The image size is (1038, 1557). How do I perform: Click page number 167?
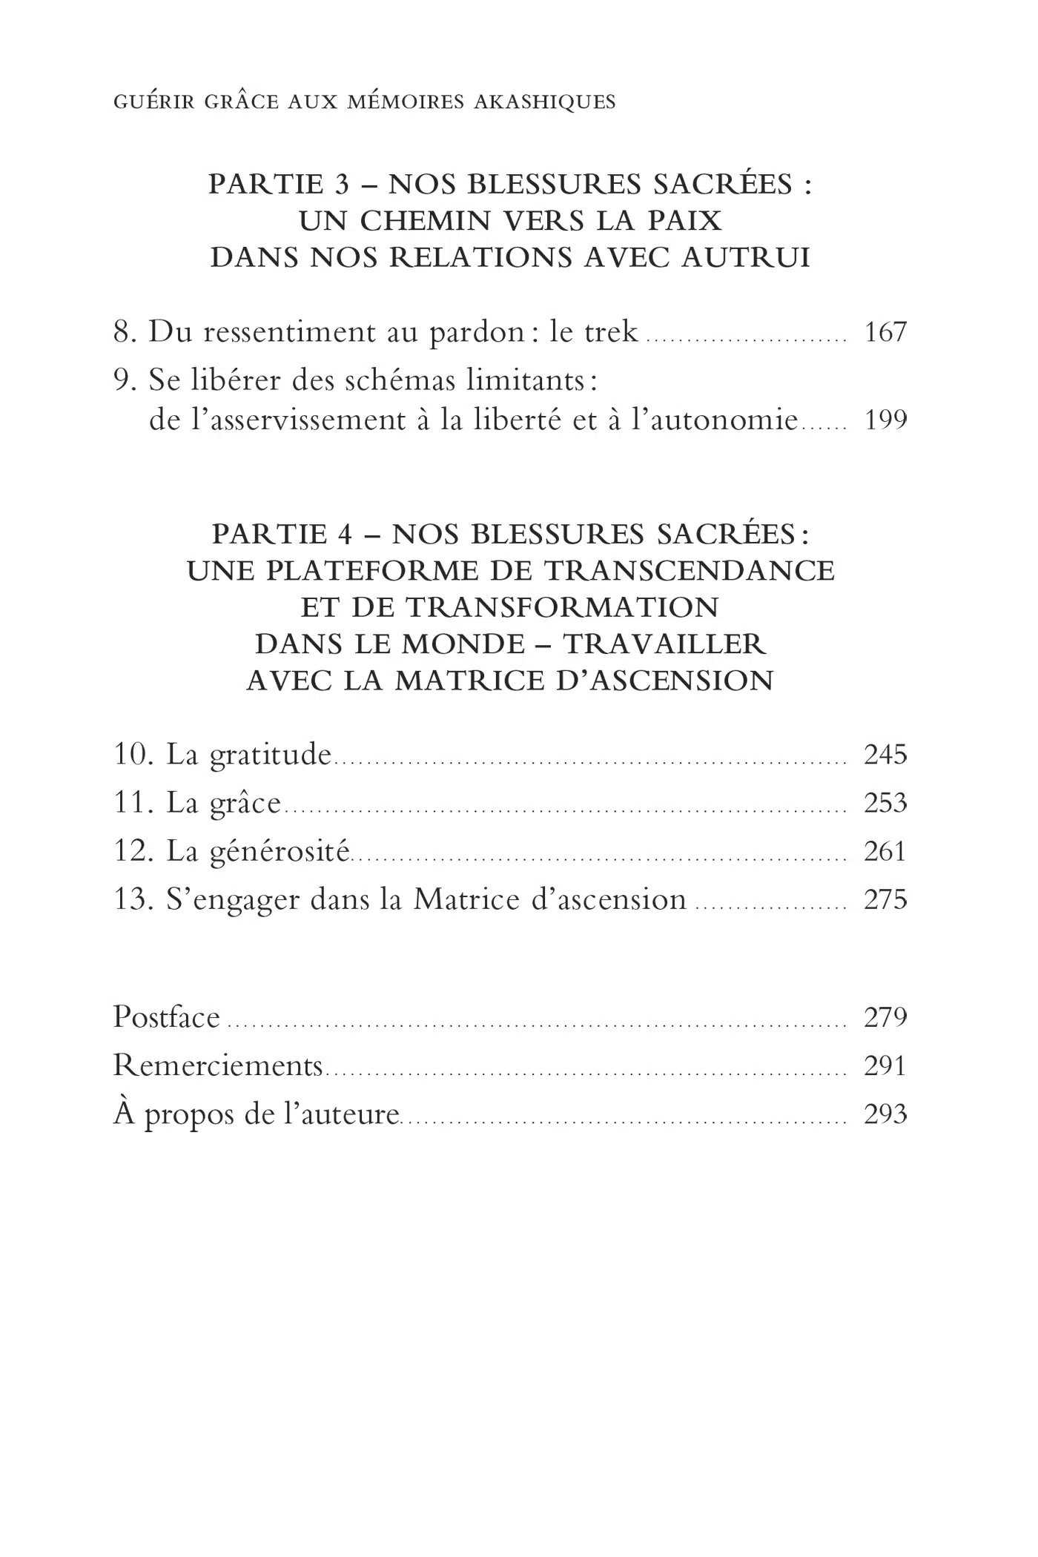click(x=885, y=331)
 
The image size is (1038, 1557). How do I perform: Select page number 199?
click(x=885, y=420)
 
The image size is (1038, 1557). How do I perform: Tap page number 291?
click(x=885, y=1065)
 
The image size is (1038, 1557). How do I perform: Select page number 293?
click(x=885, y=1114)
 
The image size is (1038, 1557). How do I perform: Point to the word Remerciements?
click(x=217, y=1065)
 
